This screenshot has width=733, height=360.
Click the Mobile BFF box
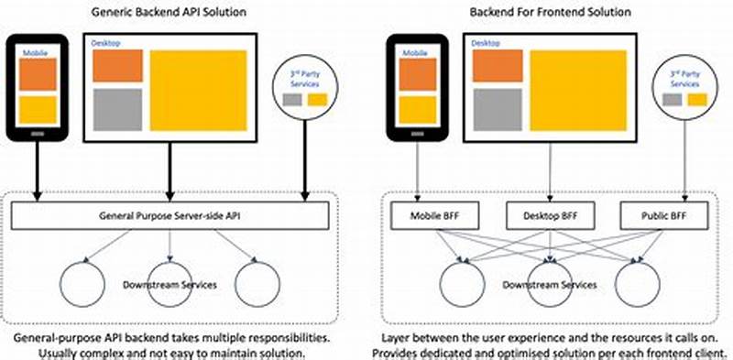point(417,216)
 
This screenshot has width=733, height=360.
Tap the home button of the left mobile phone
point(39,132)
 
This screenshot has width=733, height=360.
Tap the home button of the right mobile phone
point(417,132)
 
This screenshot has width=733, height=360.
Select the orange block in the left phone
point(39,75)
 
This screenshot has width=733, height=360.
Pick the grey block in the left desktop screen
point(117,108)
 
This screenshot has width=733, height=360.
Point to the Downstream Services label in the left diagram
point(170,285)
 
